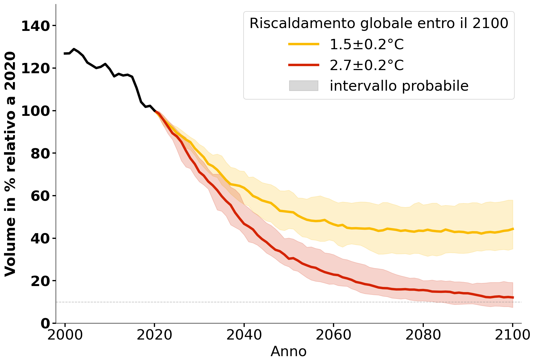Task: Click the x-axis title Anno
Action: (x=288, y=352)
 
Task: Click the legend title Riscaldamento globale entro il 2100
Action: (x=379, y=23)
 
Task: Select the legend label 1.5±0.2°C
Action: (x=367, y=44)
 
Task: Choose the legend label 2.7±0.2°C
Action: (x=367, y=65)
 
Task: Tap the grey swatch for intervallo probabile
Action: (x=303, y=86)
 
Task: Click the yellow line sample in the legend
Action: (x=303, y=44)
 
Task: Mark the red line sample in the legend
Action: (x=303, y=65)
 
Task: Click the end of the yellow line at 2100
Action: (x=513, y=229)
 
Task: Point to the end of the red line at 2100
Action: (x=513, y=297)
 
